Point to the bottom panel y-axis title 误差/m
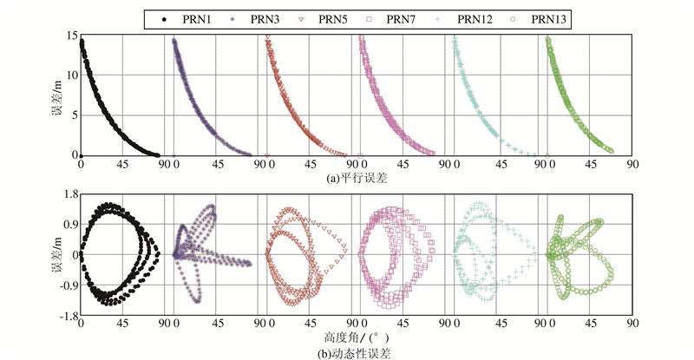point(56,255)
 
